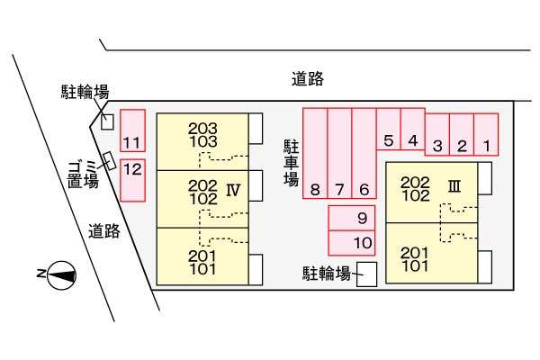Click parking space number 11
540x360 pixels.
132,130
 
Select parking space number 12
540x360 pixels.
132,180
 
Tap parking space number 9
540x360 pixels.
352,218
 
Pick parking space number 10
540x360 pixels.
352,243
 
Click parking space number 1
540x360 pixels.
486,134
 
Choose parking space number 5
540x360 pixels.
389,129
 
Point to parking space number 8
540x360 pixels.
315,153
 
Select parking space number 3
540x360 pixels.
437,134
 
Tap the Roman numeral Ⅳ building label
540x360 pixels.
233,190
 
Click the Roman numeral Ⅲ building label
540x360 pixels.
454,186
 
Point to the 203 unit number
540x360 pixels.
202,129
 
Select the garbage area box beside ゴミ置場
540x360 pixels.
110,161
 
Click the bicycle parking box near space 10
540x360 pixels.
366,274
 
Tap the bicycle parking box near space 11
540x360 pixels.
107,122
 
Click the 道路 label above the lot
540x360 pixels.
308,78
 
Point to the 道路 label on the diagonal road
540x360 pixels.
104,230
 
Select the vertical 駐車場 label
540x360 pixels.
291,163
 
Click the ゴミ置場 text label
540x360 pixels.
83,175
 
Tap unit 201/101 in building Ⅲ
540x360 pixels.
415,259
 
